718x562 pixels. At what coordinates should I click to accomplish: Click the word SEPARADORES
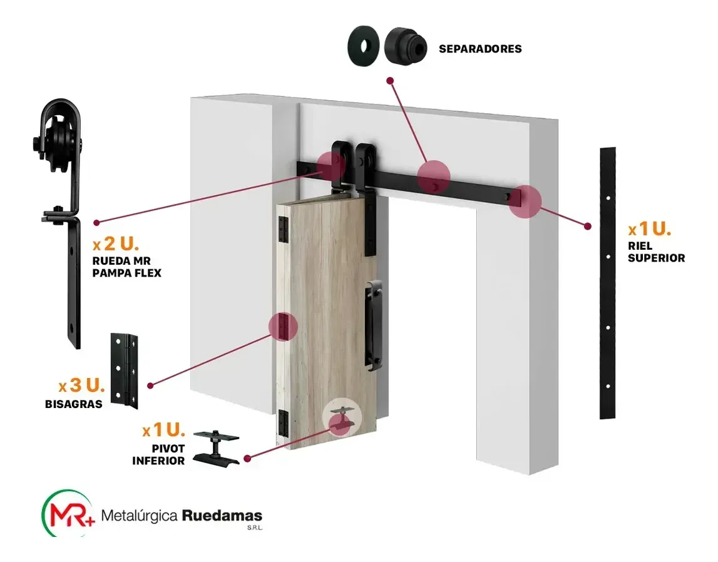pos(480,49)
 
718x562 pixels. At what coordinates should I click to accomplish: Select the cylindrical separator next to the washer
pos(405,46)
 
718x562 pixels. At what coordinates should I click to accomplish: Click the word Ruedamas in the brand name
pos(222,516)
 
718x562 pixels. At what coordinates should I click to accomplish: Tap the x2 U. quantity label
pos(116,244)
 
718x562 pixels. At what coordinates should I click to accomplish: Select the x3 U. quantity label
pos(82,386)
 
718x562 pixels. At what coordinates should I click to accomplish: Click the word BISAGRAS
pos(74,404)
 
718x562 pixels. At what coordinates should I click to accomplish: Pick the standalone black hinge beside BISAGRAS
pos(124,370)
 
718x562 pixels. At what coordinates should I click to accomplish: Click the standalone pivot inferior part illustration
pos(216,448)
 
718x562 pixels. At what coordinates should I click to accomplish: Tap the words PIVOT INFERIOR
pos(158,454)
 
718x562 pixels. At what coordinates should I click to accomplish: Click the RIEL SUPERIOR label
pos(656,252)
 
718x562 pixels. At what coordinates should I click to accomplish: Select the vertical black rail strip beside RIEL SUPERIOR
pos(608,283)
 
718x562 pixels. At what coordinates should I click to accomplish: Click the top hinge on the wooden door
pos(284,229)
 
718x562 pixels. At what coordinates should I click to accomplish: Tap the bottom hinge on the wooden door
pos(284,422)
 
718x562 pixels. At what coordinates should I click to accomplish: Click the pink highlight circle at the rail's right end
pos(525,201)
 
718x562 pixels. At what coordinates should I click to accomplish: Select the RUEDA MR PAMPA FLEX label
pos(127,267)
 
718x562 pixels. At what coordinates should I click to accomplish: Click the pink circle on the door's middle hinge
pos(283,326)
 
